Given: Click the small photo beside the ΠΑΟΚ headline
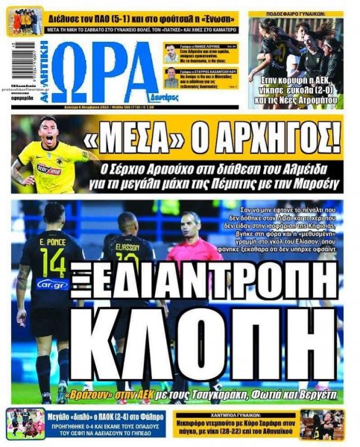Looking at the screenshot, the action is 25,423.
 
